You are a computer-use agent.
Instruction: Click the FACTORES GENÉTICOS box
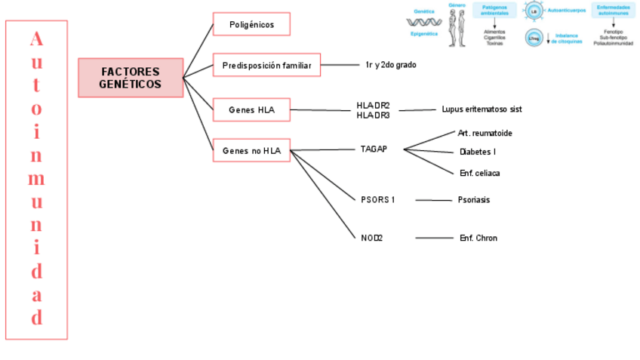tap(131, 78)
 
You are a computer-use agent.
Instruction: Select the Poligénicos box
tap(251, 25)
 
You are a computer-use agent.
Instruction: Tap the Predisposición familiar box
tap(266, 66)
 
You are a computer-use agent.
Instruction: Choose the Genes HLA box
tap(251, 110)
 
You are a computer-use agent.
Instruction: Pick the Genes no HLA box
tap(251, 151)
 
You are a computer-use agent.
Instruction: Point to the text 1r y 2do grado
tap(390, 65)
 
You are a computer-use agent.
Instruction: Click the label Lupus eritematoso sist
tap(482, 109)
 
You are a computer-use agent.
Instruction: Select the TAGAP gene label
tap(374, 149)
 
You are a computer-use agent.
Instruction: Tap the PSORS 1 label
tap(378, 200)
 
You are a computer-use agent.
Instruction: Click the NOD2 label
tap(372, 238)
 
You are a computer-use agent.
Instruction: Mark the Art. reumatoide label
tap(485, 134)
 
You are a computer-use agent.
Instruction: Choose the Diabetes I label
tap(477, 152)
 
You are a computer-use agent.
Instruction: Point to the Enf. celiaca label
tap(479, 173)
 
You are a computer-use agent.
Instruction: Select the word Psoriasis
tap(473, 200)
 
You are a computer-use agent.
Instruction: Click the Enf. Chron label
tap(478, 238)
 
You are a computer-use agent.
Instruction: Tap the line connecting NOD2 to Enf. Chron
tap(433, 238)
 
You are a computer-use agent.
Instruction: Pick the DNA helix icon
tap(423, 22)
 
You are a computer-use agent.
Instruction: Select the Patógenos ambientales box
tap(494, 10)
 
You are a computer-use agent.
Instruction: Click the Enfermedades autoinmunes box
tap(613, 10)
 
